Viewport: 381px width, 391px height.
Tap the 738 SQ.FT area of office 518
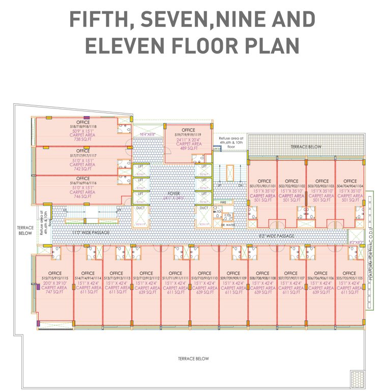[83, 139]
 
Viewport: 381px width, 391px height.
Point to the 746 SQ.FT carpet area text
[83, 197]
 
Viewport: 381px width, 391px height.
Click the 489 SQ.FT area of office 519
[188, 148]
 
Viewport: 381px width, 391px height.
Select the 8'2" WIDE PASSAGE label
[277, 236]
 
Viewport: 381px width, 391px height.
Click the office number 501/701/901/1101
[264, 186]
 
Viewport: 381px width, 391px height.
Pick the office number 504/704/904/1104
[350, 186]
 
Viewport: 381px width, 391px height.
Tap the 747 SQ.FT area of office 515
[54, 292]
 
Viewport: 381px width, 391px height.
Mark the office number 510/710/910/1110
[204, 278]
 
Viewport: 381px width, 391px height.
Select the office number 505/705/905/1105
[350, 278]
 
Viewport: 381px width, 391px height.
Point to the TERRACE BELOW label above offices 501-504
[306, 147]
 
